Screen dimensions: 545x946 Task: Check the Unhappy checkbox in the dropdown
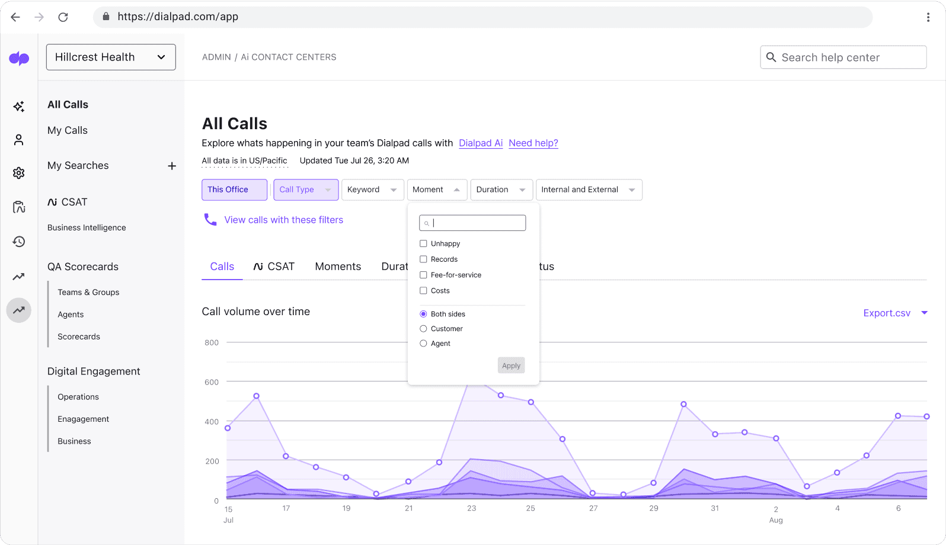click(x=423, y=243)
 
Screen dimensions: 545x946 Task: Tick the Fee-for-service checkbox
click(x=423, y=275)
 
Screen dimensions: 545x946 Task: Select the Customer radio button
click(x=423, y=329)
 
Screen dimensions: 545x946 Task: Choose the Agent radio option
click(x=423, y=344)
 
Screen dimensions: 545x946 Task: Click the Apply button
click(x=511, y=366)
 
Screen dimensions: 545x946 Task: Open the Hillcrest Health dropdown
click(x=111, y=57)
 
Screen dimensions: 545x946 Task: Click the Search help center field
click(x=843, y=57)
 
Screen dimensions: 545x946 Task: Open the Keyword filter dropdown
click(x=372, y=190)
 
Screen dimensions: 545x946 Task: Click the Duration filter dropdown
click(x=501, y=190)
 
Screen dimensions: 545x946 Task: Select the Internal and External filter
click(x=588, y=190)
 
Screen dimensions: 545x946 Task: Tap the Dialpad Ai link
click(x=481, y=143)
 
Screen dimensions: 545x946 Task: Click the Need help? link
click(x=533, y=143)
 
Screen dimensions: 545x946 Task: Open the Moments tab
click(x=338, y=267)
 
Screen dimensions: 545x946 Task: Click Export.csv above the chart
click(x=887, y=313)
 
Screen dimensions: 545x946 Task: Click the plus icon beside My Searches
click(x=172, y=166)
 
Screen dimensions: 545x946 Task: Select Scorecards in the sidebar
click(x=79, y=336)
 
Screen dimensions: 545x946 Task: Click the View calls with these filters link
click(x=283, y=220)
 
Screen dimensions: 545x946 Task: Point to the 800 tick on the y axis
click(x=212, y=342)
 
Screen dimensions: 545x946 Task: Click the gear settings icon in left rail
click(x=19, y=173)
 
